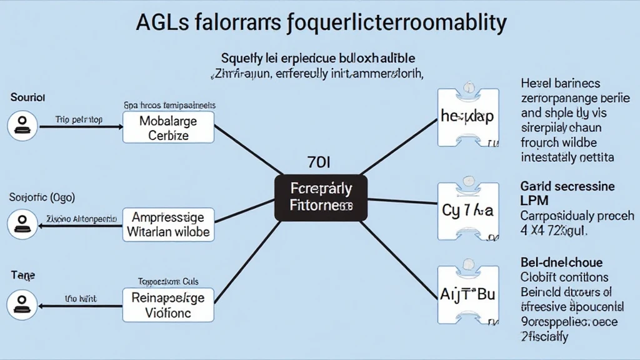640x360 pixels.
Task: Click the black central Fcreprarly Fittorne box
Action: pos(321,197)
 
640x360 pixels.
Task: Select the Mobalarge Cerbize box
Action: pos(168,127)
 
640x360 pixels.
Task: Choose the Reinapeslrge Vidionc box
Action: pos(168,305)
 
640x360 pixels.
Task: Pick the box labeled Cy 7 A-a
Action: pos(467,211)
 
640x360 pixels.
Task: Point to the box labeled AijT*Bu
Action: pos(467,294)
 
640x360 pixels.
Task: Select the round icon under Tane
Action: pos(22,305)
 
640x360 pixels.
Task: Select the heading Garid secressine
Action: pos(567,186)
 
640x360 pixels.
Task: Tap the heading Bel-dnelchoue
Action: pos(561,262)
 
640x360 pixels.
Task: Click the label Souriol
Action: pos(27,98)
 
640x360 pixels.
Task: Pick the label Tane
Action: pos(22,274)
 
